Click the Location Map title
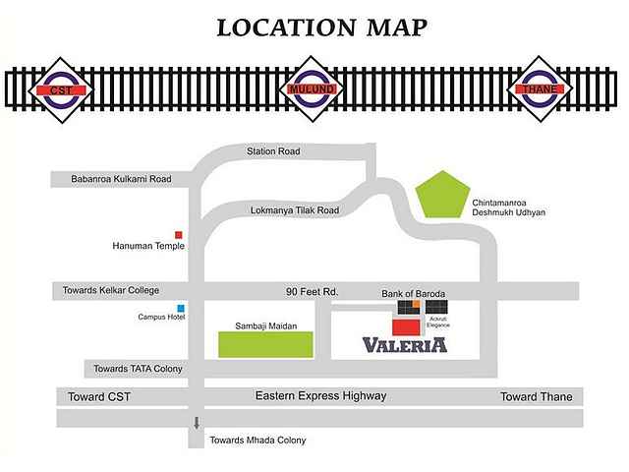point(322,28)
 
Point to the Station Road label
point(273,151)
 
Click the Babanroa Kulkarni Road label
point(121,179)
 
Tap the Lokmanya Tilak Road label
point(295,210)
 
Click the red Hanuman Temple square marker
point(179,234)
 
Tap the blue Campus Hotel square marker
point(180,309)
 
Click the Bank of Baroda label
point(414,294)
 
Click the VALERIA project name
point(405,345)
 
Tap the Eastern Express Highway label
point(320,395)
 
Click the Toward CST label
point(98,396)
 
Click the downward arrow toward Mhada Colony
point(197,424)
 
